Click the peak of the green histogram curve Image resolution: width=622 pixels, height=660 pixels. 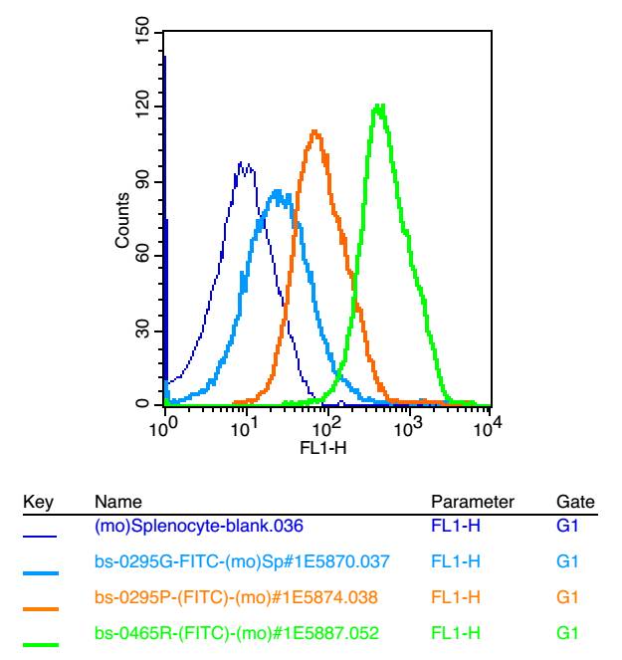[x=378, y=106]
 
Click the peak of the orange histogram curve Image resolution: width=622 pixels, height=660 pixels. [x=314, y=131]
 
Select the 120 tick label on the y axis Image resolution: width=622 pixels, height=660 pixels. [x=145, y=107]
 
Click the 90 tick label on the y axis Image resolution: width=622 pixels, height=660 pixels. [x=145, y=181]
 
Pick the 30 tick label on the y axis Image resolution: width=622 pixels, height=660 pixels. [x=145, y=330]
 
